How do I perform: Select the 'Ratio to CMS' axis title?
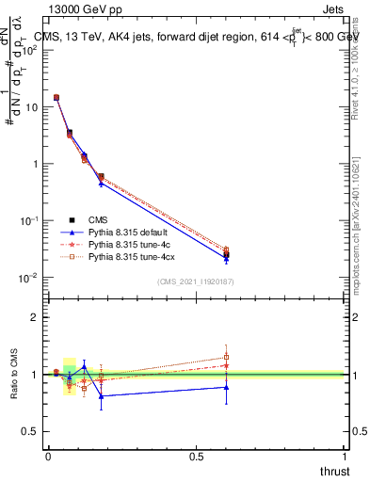16,375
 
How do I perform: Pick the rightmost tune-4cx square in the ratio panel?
226,357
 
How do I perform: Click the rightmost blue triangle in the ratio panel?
226,387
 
